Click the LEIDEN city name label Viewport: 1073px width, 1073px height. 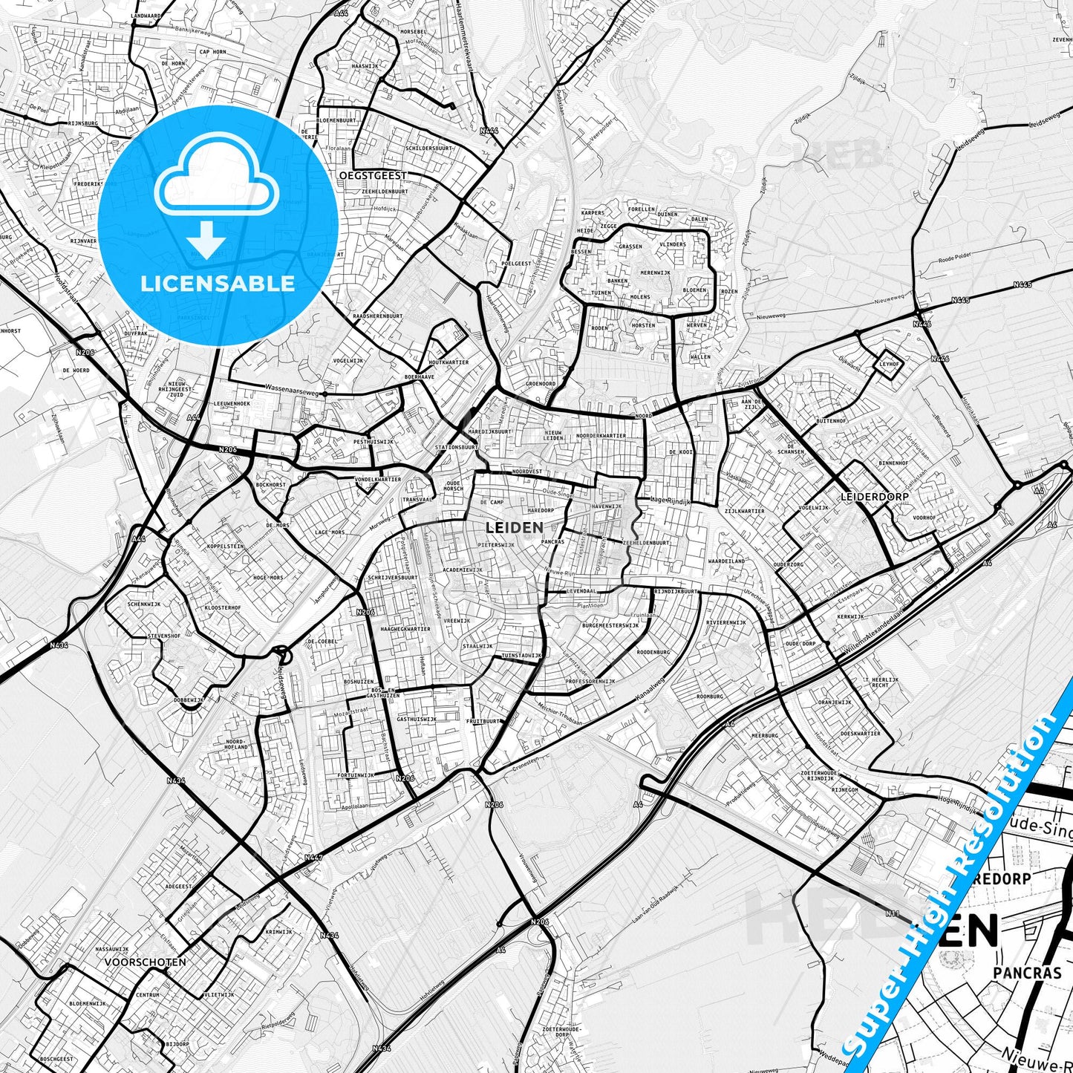tap(514, 527)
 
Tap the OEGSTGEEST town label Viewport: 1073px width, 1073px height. tap(373, 175)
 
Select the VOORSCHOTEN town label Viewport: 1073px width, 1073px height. tap(146, 962)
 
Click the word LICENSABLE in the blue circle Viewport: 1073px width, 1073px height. tap(218, 283)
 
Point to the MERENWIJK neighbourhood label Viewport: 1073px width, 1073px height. tap(655, 273)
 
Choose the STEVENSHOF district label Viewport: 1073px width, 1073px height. tap(164, 636)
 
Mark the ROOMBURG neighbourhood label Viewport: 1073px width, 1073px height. tap(710, 697)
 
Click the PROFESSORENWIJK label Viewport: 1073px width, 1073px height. tap(590, 681)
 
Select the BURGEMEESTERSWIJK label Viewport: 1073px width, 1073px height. tap(610, 625)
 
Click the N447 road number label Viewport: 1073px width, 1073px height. tap(313, 858)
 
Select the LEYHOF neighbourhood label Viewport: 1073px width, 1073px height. tap(889, 365)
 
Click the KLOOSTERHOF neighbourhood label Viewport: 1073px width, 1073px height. tap(223, 607)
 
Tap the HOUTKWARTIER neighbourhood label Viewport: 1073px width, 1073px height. tap(449, 362)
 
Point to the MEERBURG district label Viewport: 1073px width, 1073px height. tap(765, 735)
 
